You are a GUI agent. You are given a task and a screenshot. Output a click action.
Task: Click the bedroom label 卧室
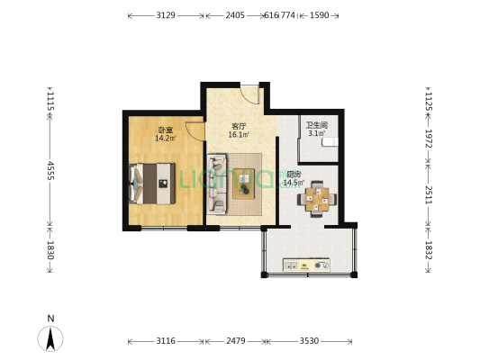click(x=163, y=129)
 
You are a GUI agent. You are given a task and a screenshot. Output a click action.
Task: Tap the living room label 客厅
click(x=238, y=126)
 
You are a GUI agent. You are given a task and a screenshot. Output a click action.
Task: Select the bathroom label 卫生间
click(x=316, y=125)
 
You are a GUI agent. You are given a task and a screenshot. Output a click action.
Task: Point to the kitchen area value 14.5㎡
click(x=293, y=183)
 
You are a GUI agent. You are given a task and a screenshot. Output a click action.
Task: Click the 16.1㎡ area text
click(x=238, y=135)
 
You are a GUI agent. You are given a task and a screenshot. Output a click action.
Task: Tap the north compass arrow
click(x=51, y=338)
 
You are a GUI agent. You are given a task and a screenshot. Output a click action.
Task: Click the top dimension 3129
click(x=166, y=15)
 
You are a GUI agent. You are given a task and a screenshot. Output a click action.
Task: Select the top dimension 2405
click(x=234, y=15)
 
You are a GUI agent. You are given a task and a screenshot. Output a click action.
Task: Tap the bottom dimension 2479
click(x=235, y=341)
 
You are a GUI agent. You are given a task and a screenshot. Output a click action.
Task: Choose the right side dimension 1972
click(x=429, y=139)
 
